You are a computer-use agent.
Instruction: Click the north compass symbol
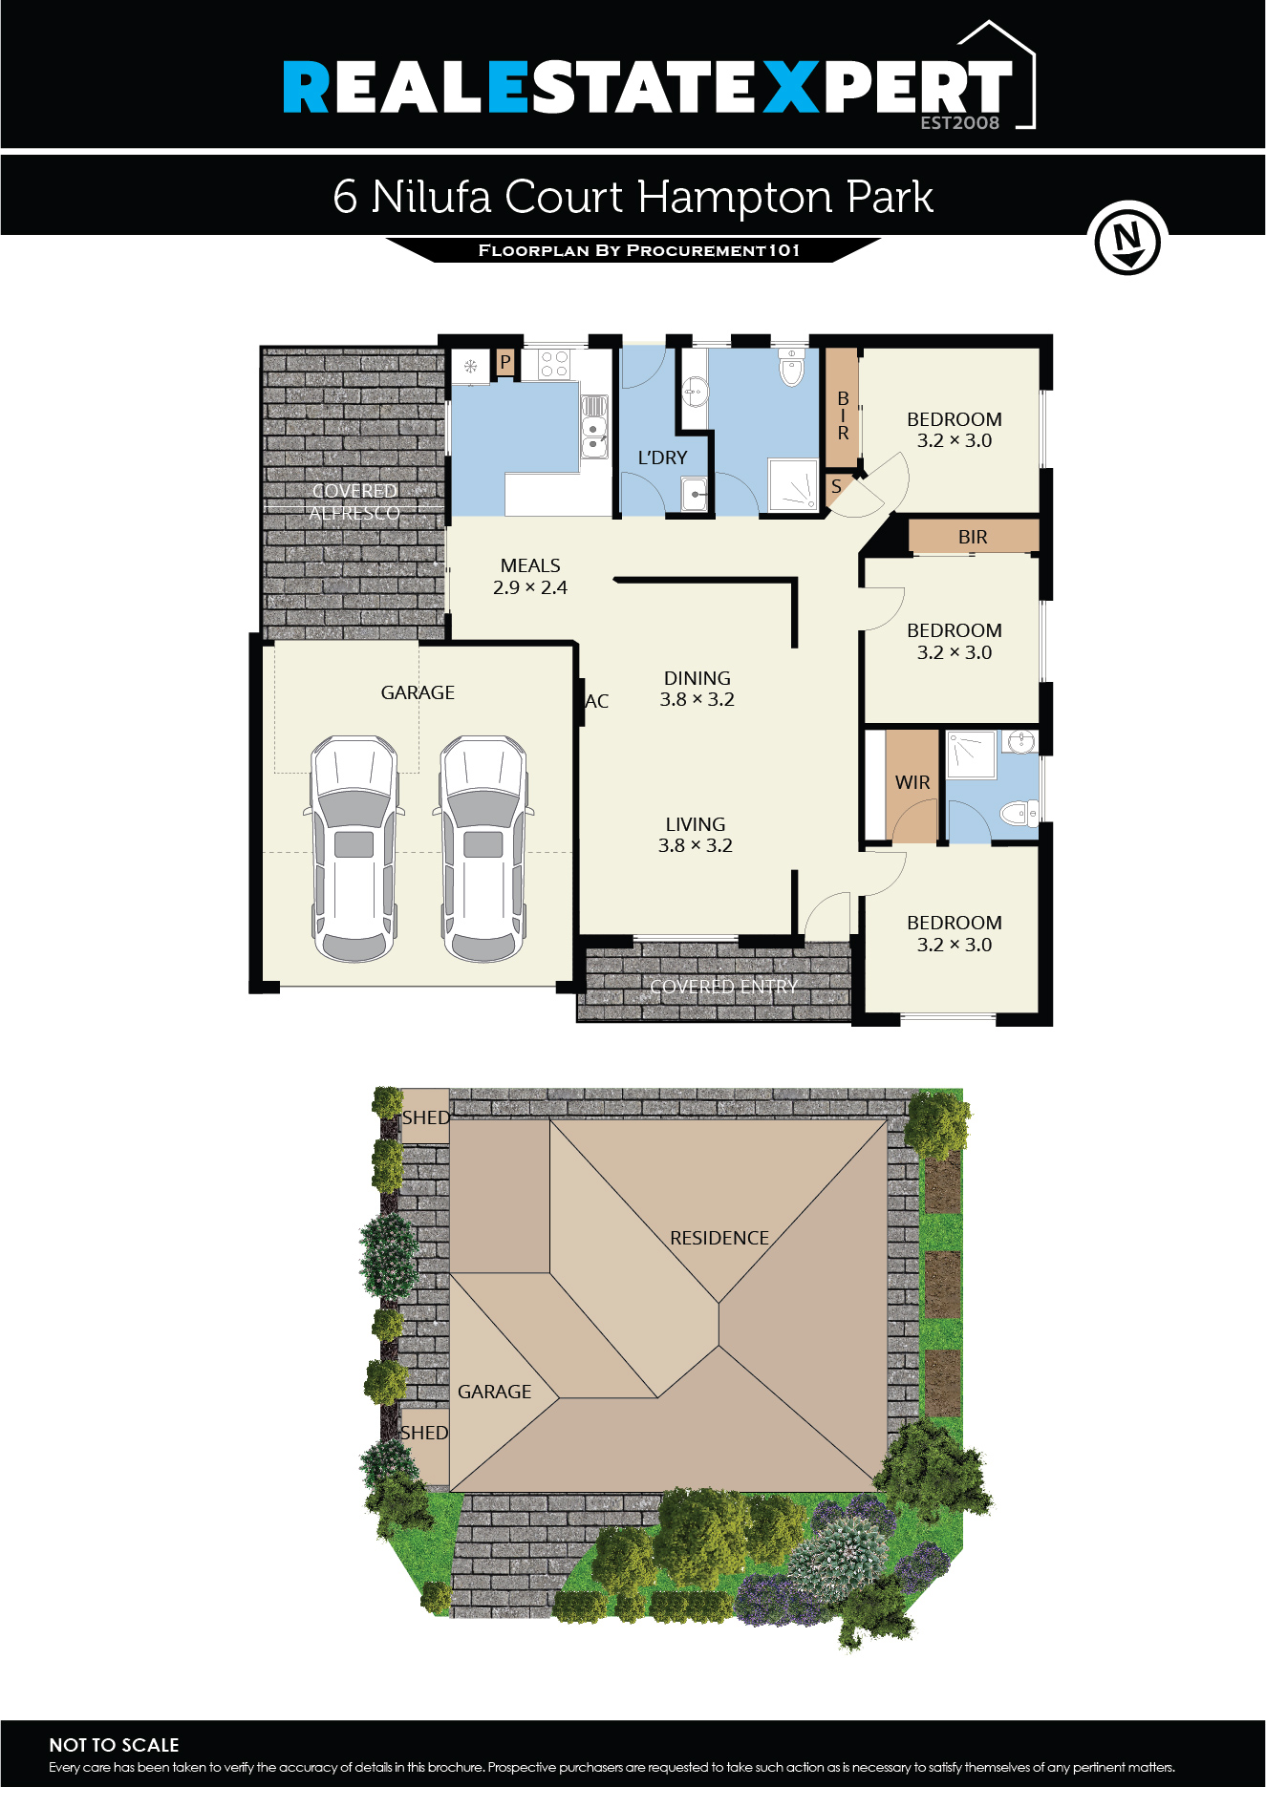click(x=1127, y=239)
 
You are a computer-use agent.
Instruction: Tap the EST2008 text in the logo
click(x=959, y=122)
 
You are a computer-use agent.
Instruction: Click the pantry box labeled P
click(x=504, y=362)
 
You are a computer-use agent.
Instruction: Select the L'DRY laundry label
click(x=662, y=457)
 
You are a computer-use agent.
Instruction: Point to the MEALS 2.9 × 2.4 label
click(x=530, y=576)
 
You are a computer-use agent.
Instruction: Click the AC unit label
click(x=597, y=701)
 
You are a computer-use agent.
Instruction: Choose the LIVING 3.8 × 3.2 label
click(x=695, y=834)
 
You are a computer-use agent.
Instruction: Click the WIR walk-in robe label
click(x=912, y=782)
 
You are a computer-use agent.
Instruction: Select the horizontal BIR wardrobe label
click(x=973, y=537)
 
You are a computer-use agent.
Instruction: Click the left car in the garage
click(x=354, y=848)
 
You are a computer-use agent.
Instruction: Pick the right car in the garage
click(x=483, y=848)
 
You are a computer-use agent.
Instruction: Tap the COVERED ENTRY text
click(x=723, y=986)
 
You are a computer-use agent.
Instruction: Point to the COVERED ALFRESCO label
click(x=354, y=501)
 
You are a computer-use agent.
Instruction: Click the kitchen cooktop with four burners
click(x=554, y=363)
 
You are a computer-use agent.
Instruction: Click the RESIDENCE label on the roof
click(x=719, y=1238)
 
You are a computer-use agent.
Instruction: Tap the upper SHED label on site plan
click(x=425, y=1117)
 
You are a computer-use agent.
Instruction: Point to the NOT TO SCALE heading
click(x=114, y=1744)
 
